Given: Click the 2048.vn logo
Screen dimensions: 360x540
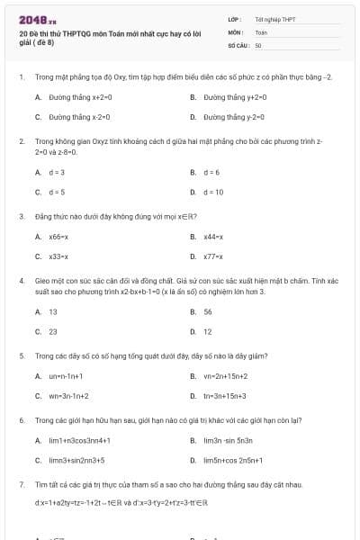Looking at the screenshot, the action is [x=38, y=19].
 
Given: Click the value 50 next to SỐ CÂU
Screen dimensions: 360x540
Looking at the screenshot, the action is [x=258, y=44].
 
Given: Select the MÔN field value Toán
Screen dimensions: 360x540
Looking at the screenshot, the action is [x=261, y=31].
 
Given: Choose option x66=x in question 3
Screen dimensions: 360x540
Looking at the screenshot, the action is [x=59, y=237].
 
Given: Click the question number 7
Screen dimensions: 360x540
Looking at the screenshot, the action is [x=21, y=484].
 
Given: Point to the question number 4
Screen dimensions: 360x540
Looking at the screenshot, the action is [x=21, y=280].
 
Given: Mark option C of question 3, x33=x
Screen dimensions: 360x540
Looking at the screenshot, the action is [x=59, y=256].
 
